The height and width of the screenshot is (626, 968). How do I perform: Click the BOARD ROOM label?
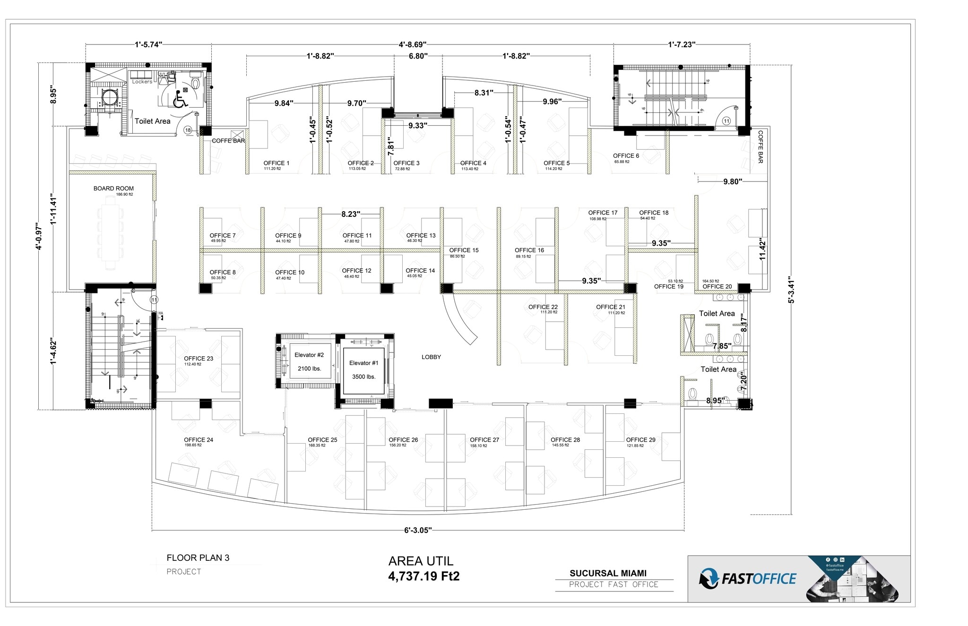113,189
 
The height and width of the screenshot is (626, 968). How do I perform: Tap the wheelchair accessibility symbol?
180,100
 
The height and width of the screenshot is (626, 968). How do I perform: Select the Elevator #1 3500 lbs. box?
363,370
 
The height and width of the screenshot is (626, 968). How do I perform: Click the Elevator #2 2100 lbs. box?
309,362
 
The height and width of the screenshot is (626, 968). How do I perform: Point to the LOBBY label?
431,357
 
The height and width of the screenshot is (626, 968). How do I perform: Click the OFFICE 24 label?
199,440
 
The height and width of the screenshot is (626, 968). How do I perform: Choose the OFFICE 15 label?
464,250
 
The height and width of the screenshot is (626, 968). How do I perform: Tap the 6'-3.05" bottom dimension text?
418,530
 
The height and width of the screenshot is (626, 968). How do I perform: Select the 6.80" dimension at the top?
418,56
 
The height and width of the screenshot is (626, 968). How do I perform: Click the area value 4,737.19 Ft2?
423,576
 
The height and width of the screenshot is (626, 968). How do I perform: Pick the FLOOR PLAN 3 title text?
198,558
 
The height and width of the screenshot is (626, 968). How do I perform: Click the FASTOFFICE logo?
748,579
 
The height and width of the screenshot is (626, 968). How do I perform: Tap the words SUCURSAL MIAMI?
608,573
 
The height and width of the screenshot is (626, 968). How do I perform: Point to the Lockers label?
142,82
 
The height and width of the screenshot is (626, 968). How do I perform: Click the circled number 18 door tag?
188,130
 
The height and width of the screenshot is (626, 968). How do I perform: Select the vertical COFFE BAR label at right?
761,147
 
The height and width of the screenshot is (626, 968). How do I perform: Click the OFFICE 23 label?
199,359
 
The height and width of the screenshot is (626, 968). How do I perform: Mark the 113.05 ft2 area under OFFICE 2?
357,169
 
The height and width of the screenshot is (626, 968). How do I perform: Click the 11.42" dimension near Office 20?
762,249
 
